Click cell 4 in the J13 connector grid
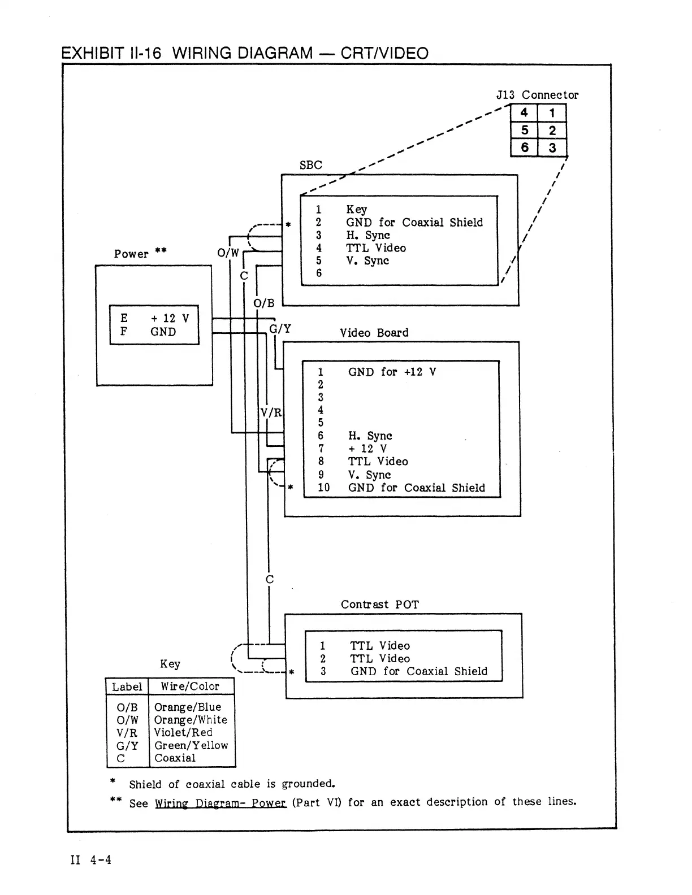pyautogui.click(x=524, y=112)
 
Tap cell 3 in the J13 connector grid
pyautogui.click(x=552, y=147)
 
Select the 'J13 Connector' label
pyautogui.click(x=537, y=95)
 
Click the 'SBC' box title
pyautogui.click(x=311, y=165)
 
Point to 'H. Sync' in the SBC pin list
pyautogui.click(x=367, y=235)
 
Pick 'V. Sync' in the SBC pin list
pyautogui.click(x=367, y=260)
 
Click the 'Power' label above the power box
pyautogui.click(x=131, y=254)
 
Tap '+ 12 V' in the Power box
pyautogui.click(x=170, y=318)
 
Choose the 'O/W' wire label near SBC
pyautogui.click(x=228, y=253)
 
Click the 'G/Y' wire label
pyautogui.click(x=280, y=329)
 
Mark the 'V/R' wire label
pyautogui.click(x=271, y=412)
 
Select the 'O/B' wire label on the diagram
pyautogui.click(x=264, y=303)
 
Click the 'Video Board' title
pyautogui.click(x=374, y=333)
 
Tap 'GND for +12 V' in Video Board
pyautogui.click(x=392, y=372)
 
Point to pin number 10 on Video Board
pyautogui.click(x=323, y=488)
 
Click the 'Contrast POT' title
pyautogui.click(x=379, y=605)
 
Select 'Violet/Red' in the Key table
pyautogui.click(x=183, y=733)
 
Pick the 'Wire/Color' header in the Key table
pyautogui.click(x=190, y=687)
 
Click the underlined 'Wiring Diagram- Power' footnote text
pyautogui.click(x=220, y=803)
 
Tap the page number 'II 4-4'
pyautogui.click(x=90, y=860)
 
